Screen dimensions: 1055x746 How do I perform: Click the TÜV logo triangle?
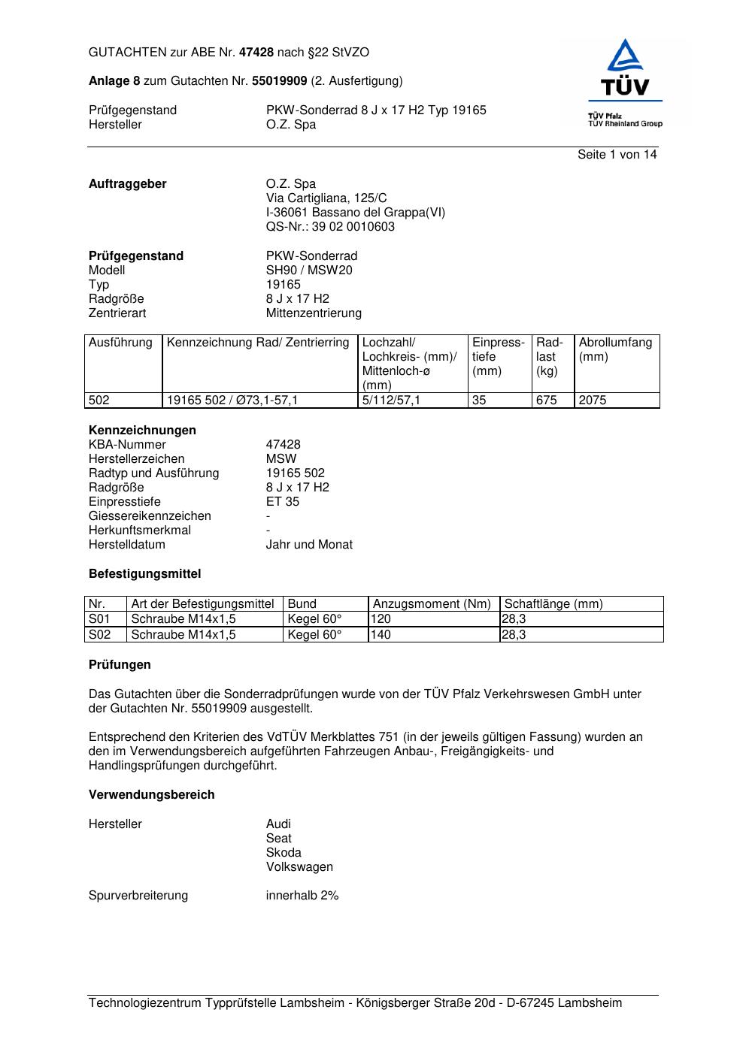point(625,56)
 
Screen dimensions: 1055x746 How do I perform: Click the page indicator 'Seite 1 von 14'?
point(617,155)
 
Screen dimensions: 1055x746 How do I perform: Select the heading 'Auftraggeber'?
point(128,184)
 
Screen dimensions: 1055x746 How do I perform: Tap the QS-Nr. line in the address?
point(330,227)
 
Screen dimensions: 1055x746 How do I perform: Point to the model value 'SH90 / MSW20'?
point(309,271)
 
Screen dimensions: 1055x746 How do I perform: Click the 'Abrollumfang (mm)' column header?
point(615,349)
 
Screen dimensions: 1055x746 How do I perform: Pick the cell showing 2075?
point(593,401)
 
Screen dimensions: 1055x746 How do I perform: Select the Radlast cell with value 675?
point(547,401)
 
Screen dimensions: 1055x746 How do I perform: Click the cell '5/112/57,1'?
point(391,401)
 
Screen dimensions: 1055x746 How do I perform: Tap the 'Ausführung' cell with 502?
point(99,401)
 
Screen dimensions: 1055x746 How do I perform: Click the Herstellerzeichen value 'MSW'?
point(281,459)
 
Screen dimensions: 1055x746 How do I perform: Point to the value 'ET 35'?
point(283,502)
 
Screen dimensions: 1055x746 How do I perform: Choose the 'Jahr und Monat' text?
point(309,545)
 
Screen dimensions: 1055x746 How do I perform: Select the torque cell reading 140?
point(381,635)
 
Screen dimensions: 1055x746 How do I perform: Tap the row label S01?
point(99,619)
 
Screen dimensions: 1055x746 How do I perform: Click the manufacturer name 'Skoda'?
point(284,853)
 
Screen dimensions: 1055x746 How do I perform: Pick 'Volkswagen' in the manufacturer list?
point(299,867)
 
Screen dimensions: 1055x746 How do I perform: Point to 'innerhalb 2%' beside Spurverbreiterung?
point(302,896)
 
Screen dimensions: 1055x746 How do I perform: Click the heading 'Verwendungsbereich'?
point(152,795)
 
